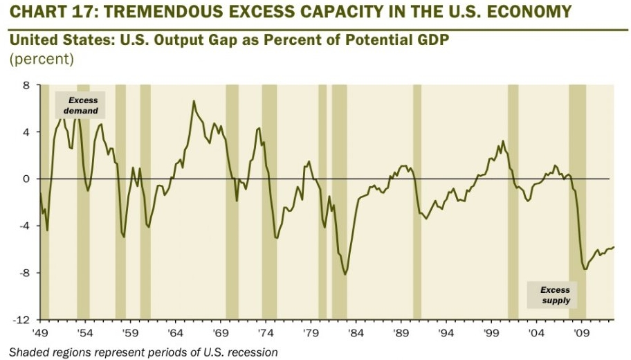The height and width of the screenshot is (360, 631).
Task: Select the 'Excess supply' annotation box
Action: point(555,295)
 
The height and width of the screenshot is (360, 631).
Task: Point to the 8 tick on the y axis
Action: point(26,85)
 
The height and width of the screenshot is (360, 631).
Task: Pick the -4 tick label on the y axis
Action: point(24,226)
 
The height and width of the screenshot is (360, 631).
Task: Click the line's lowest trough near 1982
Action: point(345,274)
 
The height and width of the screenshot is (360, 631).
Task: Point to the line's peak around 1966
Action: point(194,102)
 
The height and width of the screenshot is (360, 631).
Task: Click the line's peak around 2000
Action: point(503,142)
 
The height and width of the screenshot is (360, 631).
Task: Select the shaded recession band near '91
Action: point(417,201)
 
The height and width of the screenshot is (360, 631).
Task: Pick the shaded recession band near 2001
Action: point(513,201)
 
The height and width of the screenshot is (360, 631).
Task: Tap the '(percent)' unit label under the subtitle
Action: point(41,59)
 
